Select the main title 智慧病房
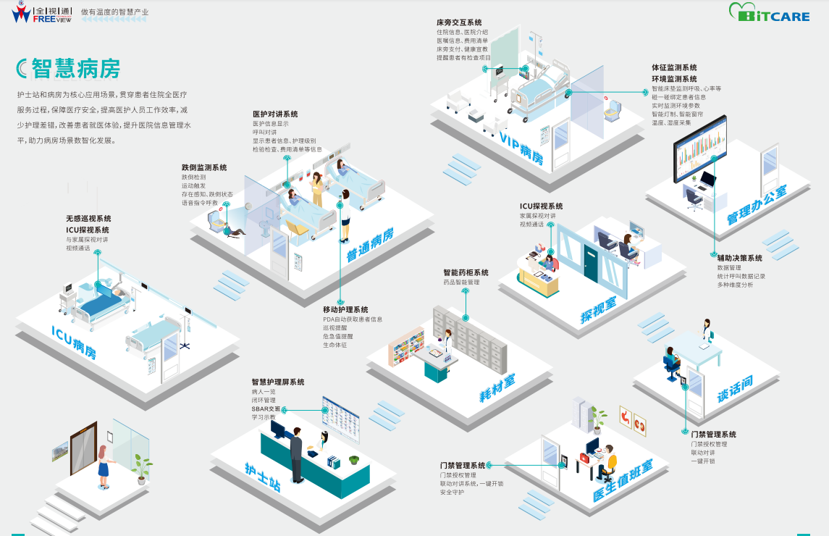coord(75,68)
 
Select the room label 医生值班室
coord(623,478)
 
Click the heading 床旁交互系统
coord(459,23)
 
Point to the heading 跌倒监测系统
coord(204,167)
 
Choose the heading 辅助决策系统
coord(739,258)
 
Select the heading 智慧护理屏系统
coord(278,382)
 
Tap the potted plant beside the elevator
coord(141,468)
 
